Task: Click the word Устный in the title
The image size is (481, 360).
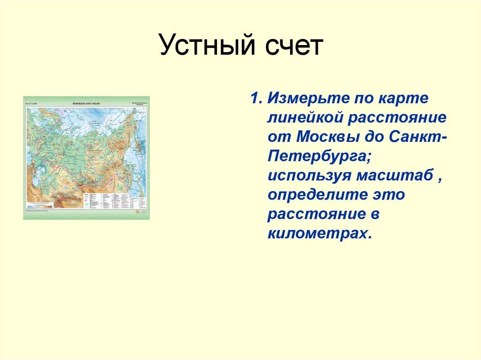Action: tap(200, 47)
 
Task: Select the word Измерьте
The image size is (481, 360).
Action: tap(300, 100)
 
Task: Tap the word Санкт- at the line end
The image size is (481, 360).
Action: tap(418, 138)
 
